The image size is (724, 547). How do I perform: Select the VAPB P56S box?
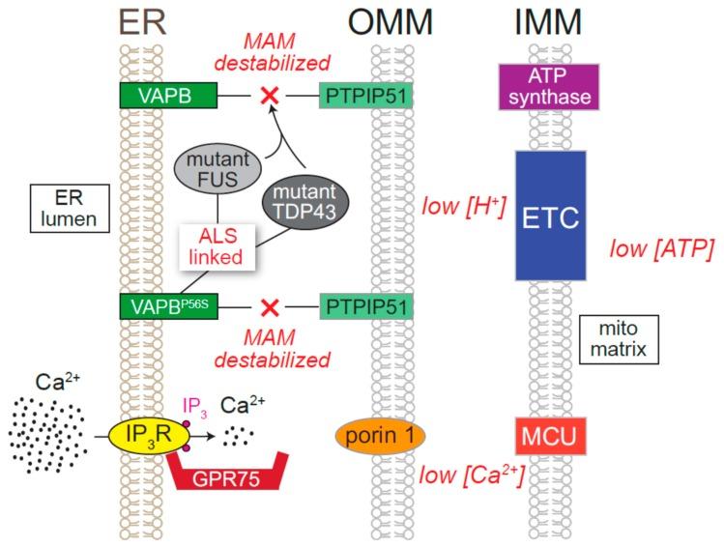pos(156,306)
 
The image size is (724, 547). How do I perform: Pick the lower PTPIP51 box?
pos(366,306)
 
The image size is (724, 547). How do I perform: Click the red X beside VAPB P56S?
pos(271,307)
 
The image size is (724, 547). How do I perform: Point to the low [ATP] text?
pos(662,251)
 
